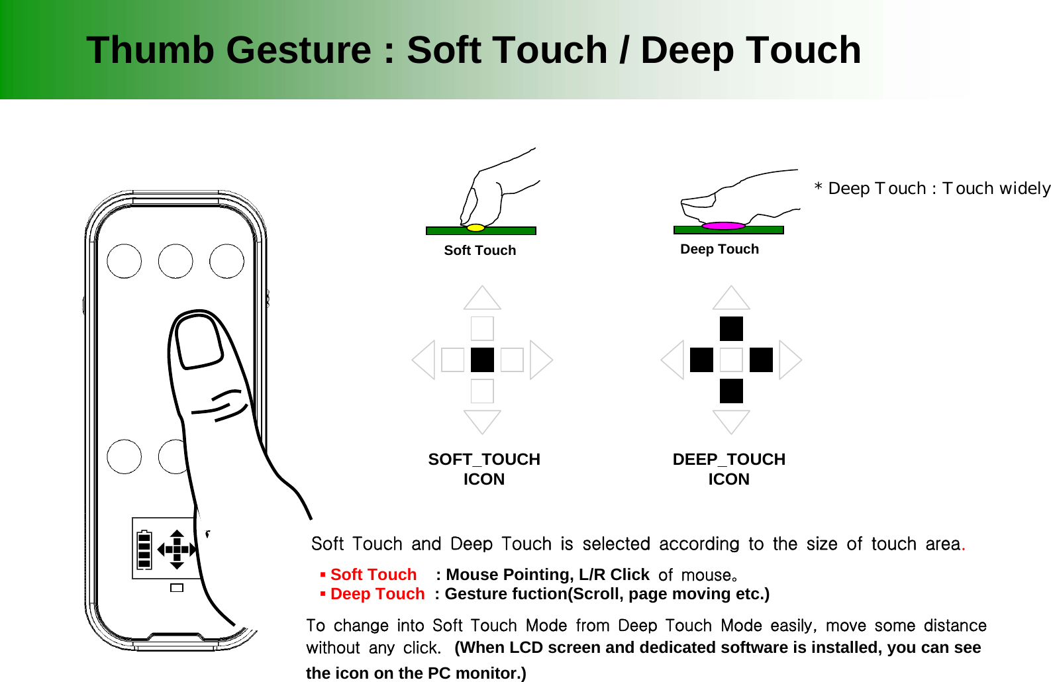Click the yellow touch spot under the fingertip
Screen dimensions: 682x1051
(x=475, y=228)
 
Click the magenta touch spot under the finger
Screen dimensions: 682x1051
(x=723, y=226)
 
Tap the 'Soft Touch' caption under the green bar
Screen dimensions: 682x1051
(x=479, y=250)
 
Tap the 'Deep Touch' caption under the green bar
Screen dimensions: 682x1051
(x=719, y=249)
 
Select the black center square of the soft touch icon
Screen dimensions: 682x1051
(x=482, y=360)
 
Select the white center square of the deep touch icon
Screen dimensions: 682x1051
(x=731, y=360)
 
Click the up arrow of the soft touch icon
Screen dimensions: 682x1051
(x=482, y=299)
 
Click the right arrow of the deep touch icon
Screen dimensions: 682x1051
(x=789, y=360)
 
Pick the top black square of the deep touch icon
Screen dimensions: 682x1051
(x=731, y=328)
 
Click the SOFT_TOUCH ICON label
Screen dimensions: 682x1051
(x=484, y=469)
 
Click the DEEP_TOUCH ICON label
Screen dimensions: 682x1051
(x=728, y=469)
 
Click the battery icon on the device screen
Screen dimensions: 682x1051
(x=144, y=550)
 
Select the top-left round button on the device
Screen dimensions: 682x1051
(x=124, y=261)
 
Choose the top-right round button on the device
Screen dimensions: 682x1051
(x=226, y=261)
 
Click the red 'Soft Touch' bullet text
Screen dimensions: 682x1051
(x=373, y=574)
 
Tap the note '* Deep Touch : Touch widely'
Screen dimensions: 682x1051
(x=932, y=189)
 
